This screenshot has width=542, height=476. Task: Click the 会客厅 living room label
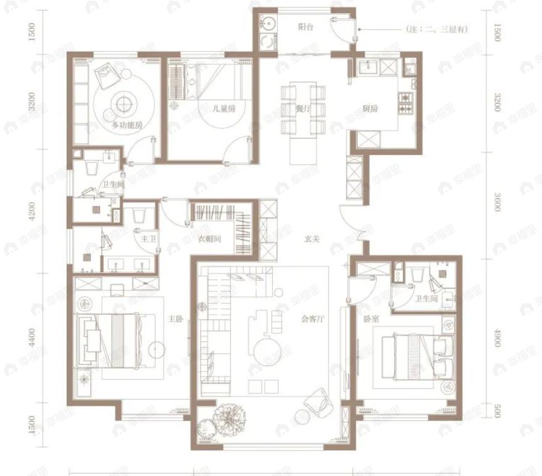[x=314, y=320]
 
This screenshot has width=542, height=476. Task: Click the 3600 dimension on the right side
[x=497, y=202]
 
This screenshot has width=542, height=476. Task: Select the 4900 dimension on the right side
[x=497, y=337]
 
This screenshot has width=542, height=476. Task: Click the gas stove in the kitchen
[x=406, y=104]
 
